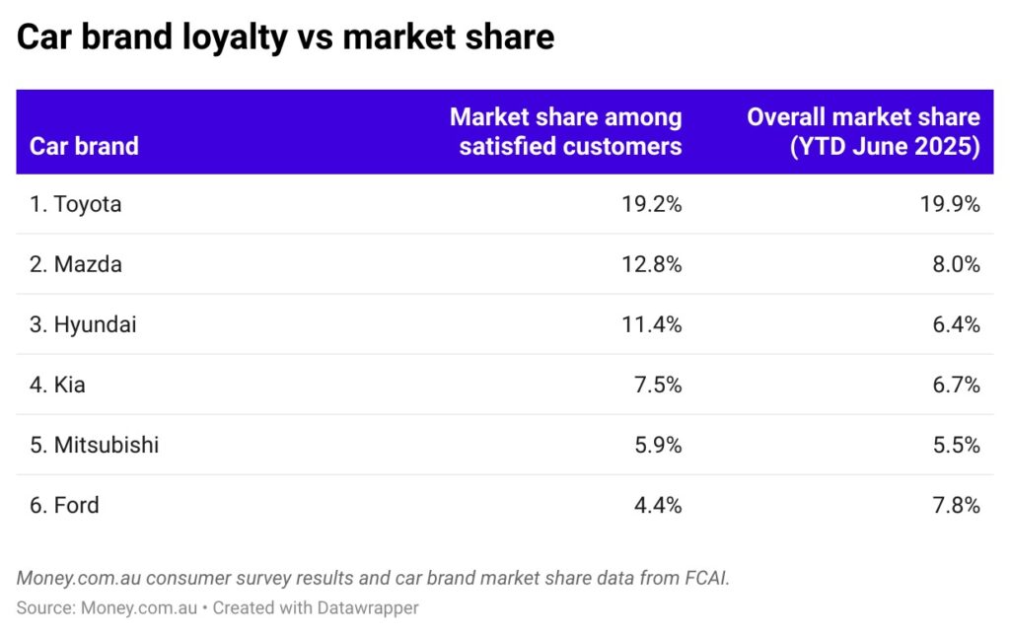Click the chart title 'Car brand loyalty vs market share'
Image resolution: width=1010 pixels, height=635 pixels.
click(286, 37)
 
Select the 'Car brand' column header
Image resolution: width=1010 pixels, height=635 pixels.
click(84, 146)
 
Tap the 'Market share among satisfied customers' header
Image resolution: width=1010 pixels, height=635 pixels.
click(565, 131)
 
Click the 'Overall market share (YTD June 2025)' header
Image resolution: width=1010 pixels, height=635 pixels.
click(863, 131)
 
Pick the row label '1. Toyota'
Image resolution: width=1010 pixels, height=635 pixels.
click(76, 204)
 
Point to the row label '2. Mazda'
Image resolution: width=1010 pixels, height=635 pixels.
click(75, 264)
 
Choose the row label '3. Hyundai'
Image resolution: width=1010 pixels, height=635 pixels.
click(83, 324)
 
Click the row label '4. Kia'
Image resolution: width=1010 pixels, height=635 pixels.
click(57, 385)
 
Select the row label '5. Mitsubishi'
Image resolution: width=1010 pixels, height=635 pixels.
click(94, 445)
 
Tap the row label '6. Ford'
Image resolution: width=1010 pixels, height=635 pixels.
click(64, 505)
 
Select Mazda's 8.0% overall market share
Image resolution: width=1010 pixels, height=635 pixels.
click(953, 264)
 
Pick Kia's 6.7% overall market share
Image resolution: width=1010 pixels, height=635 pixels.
click(953, 385)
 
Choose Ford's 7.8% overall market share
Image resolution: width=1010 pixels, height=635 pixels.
click(953, 505)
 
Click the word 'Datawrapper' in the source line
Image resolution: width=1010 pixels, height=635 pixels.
click(365, 607)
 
